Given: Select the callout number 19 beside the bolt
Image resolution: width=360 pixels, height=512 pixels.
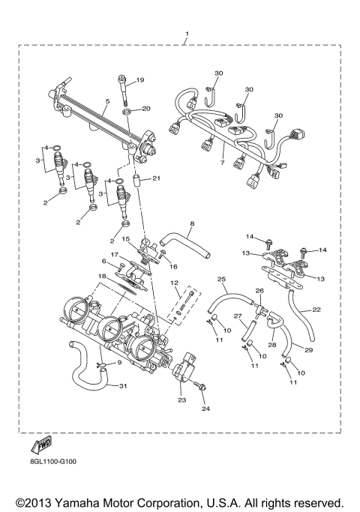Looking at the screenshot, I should [x=139, y=79].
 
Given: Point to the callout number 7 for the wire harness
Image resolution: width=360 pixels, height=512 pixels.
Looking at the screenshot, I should [x=222, y=162].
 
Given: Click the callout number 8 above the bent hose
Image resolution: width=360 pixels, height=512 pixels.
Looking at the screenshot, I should [x=191, y=223].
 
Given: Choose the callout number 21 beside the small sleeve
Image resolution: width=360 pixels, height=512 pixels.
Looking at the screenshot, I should [x=156, y=179].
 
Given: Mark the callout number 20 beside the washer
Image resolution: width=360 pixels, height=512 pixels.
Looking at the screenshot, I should [x=145, y=109].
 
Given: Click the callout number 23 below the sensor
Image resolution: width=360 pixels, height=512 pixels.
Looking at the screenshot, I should [x=181, y=400].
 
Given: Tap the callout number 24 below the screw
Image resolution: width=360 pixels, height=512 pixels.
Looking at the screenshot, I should [x=204, y=409].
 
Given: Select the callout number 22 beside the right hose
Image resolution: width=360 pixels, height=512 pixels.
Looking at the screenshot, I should [x=316, y=310].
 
